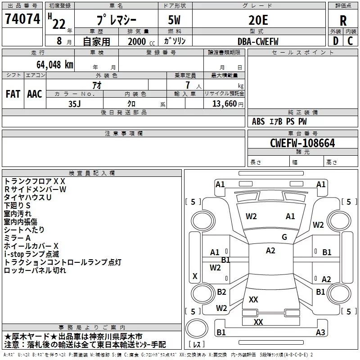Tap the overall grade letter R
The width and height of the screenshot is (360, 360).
pyautogui.click(x=343, y=20)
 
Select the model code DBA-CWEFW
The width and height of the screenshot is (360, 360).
pyautogui.click(x=258, y=41)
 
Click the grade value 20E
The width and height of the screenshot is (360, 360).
pyautogui.click(x=258, y=20)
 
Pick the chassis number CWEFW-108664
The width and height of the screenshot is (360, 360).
pyautogui.click(x=302, y=143)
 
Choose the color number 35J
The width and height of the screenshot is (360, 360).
pyautogui.click(x=74, y=103)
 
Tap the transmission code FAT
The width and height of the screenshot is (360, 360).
pyautogui.click(x=13, y=94)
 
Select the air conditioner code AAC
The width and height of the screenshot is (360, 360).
pyautogui.click(x=35, y=94)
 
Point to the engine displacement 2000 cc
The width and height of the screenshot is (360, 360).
pyautogui.click(x=140, y=41)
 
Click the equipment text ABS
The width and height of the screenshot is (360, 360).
pyautogui.click(x=258, y=121)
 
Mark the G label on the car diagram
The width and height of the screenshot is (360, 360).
pyautogui.click(x=284, y=237)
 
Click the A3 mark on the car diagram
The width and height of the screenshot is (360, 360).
pyautogui.click(x=320, y=333)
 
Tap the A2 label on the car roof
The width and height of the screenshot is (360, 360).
pyautogui.click(x=270, y=251)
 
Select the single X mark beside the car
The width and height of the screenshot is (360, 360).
pyautogui.click(x=195, y=276)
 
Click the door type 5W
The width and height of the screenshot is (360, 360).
pyautogui.click(x=175, y=20)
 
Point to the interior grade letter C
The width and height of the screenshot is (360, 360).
pyautogui.click(x=350, y=41)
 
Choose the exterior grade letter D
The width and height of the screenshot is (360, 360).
pyautogui.click(x=335, y=41)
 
